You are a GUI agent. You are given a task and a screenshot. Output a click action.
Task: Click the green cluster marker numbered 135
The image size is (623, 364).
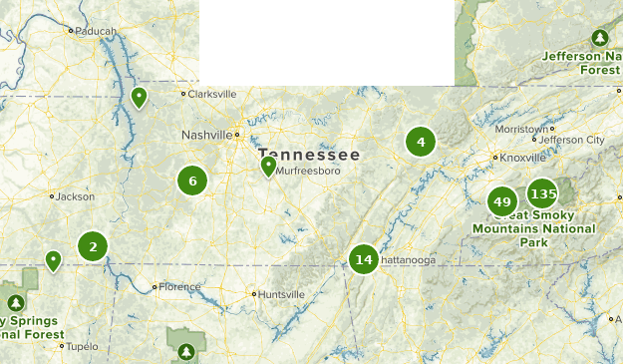click(543, 193)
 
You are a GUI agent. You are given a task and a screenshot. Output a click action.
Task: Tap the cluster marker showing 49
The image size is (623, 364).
click(502, 202)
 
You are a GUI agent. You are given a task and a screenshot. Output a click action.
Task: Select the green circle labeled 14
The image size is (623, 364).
click(364, 260)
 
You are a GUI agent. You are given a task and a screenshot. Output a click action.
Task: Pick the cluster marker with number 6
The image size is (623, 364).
click(192, 181)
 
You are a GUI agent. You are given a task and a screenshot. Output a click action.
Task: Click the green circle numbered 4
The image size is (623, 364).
click(421, 142)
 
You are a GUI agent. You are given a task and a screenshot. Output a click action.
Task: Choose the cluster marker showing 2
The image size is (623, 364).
click(93, 245)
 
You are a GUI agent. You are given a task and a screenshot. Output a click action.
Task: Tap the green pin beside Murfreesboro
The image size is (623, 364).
click(268, 166)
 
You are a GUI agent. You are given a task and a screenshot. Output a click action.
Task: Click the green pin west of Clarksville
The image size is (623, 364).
click(140, 97)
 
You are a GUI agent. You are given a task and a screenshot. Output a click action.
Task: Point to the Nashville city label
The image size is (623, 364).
click(206, 135)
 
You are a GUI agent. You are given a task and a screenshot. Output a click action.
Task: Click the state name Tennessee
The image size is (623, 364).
click(309, 156)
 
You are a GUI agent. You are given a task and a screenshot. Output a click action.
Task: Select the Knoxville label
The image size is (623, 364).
click(523, 158)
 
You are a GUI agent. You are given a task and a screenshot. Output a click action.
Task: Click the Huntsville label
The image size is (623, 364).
click(283, 294)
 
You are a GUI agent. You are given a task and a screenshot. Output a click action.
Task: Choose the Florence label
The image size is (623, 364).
click(180, 287)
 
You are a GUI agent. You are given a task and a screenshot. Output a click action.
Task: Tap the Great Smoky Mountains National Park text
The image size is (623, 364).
click(533, 228)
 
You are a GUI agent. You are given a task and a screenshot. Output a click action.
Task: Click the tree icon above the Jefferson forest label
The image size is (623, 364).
click(599, 38)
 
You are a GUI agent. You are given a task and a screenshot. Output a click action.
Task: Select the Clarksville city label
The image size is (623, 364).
click(213, 94)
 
